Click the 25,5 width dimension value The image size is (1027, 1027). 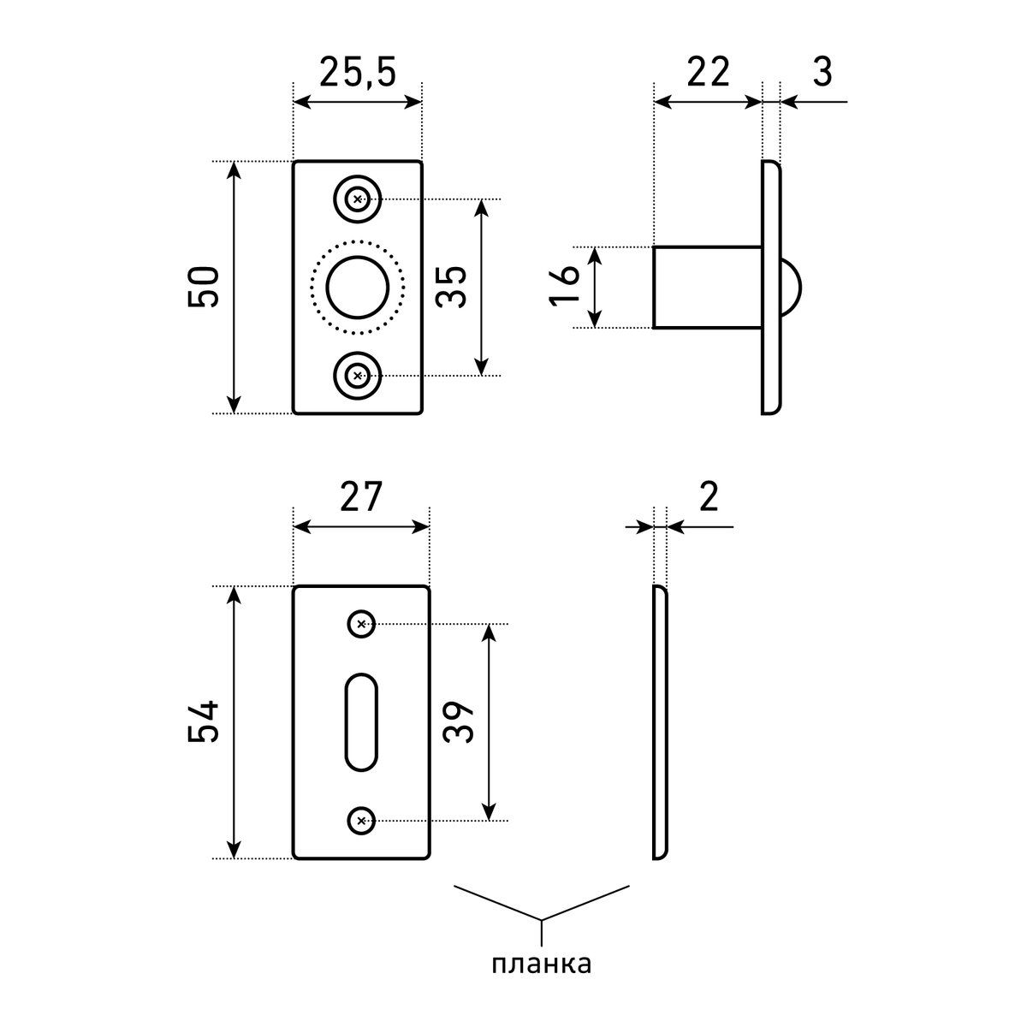358,73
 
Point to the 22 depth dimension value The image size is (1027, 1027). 707,73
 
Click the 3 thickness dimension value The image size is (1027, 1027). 822,73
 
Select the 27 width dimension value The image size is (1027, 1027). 359,497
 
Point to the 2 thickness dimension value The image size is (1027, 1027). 707,497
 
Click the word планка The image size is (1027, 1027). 541,965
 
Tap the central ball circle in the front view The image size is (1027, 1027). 357,287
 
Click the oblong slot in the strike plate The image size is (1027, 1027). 360,721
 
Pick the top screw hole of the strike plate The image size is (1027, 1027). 361,624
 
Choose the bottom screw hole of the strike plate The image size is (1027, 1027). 361,821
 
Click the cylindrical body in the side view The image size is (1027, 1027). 707,287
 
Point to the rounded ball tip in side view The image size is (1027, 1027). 792,287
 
